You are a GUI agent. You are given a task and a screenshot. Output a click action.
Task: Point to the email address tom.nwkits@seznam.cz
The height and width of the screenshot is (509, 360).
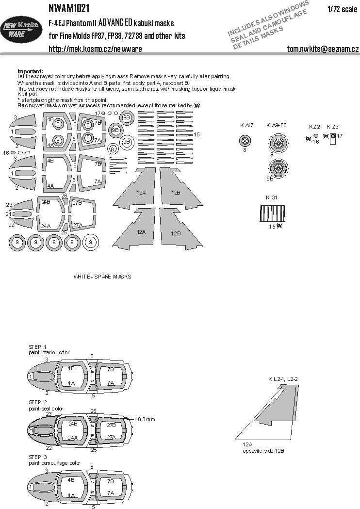tap(323, 49)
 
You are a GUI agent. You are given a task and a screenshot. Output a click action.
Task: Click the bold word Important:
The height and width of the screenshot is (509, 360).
tap(30, 71)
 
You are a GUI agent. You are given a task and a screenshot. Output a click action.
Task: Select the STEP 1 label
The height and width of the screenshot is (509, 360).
tap(37, 346)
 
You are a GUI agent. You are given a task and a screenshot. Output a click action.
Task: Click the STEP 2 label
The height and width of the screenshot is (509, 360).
tap(37, 402)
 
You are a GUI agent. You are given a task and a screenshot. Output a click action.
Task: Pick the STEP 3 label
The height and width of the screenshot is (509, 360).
tap(37, 457)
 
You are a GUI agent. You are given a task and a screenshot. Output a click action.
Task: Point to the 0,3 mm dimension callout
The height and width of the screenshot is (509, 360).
tap(146, 418)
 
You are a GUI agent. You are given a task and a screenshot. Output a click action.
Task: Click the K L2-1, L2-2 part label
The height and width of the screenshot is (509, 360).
tap(285, 379)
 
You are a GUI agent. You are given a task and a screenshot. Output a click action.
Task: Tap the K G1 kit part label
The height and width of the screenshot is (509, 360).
tap(272, 197)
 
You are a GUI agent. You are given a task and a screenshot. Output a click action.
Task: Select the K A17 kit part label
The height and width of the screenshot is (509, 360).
tap(246, 125)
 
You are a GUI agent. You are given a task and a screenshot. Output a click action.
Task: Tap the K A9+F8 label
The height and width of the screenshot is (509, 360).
tap(277, 125)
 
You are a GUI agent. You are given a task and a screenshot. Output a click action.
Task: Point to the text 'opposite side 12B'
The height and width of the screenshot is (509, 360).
tap(263, 451)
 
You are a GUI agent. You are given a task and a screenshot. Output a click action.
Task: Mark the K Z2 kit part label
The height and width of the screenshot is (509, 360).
tap(314, 127)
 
